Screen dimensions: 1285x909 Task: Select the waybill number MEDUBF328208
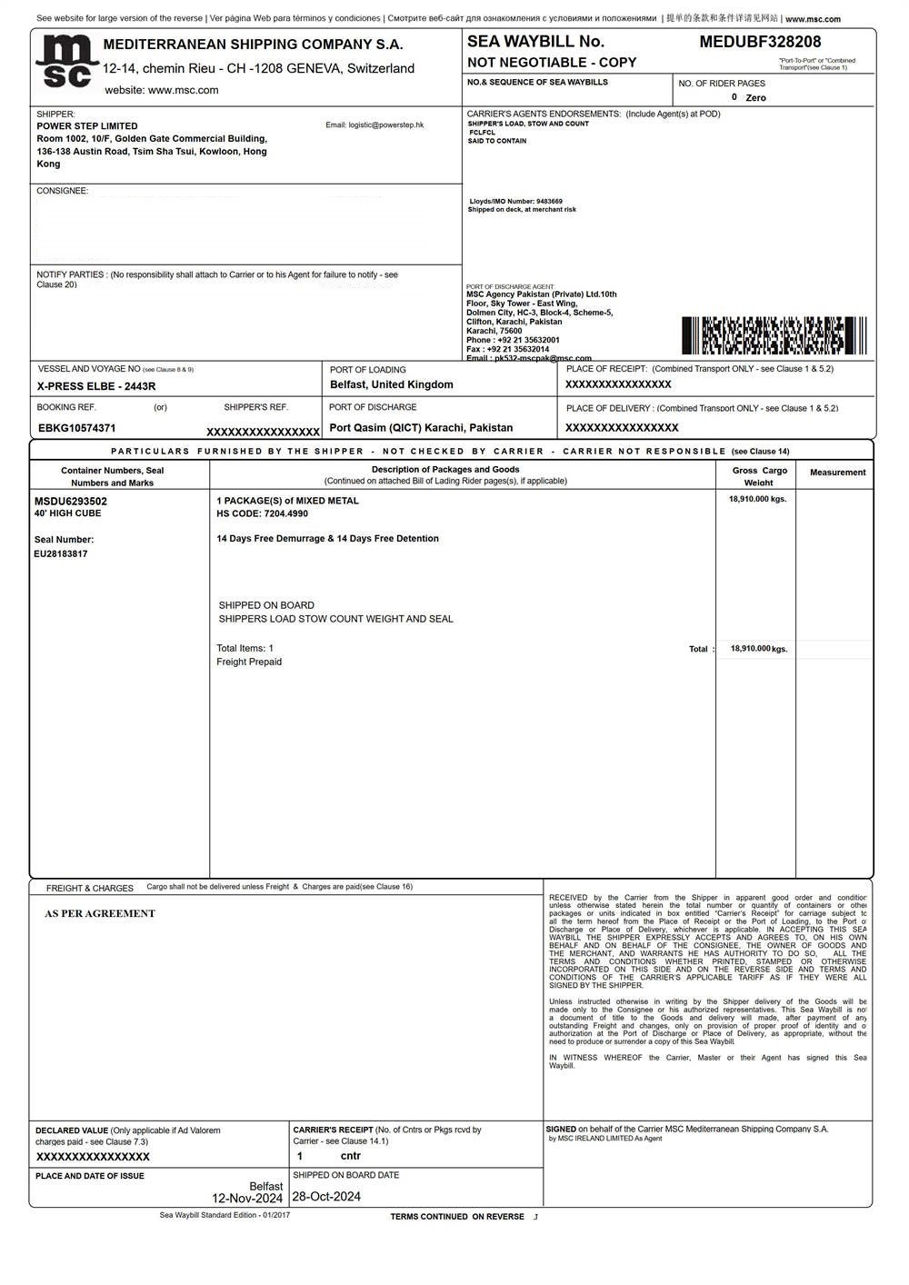coord(760,42)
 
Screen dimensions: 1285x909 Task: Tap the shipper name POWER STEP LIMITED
coord(87,126)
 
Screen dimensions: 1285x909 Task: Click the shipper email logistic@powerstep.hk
coord(375,125)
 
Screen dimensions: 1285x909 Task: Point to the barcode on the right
coord(774,335)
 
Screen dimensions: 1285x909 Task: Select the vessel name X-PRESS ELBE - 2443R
coord(96,386)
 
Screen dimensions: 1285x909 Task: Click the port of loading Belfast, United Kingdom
coord(391,385)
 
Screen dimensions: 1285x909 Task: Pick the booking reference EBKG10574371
coord(77,428)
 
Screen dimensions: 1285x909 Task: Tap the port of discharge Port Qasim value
coord(421,428)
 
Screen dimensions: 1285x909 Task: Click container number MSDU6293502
coord(71,501)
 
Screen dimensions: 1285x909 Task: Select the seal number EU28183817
coord(61,553)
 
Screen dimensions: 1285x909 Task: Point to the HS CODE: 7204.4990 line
coord(262,513)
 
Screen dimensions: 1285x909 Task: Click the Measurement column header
coord(837,473)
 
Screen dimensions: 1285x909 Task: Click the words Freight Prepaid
coord(249,662)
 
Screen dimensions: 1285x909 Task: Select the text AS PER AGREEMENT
coord(100,914)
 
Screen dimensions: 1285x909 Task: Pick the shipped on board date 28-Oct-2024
coord(326,1197)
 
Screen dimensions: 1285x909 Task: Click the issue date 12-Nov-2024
coord(247,1199)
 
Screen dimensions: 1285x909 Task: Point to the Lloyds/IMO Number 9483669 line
coord(515,202)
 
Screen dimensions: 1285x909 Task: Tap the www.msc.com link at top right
coord(813,19)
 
